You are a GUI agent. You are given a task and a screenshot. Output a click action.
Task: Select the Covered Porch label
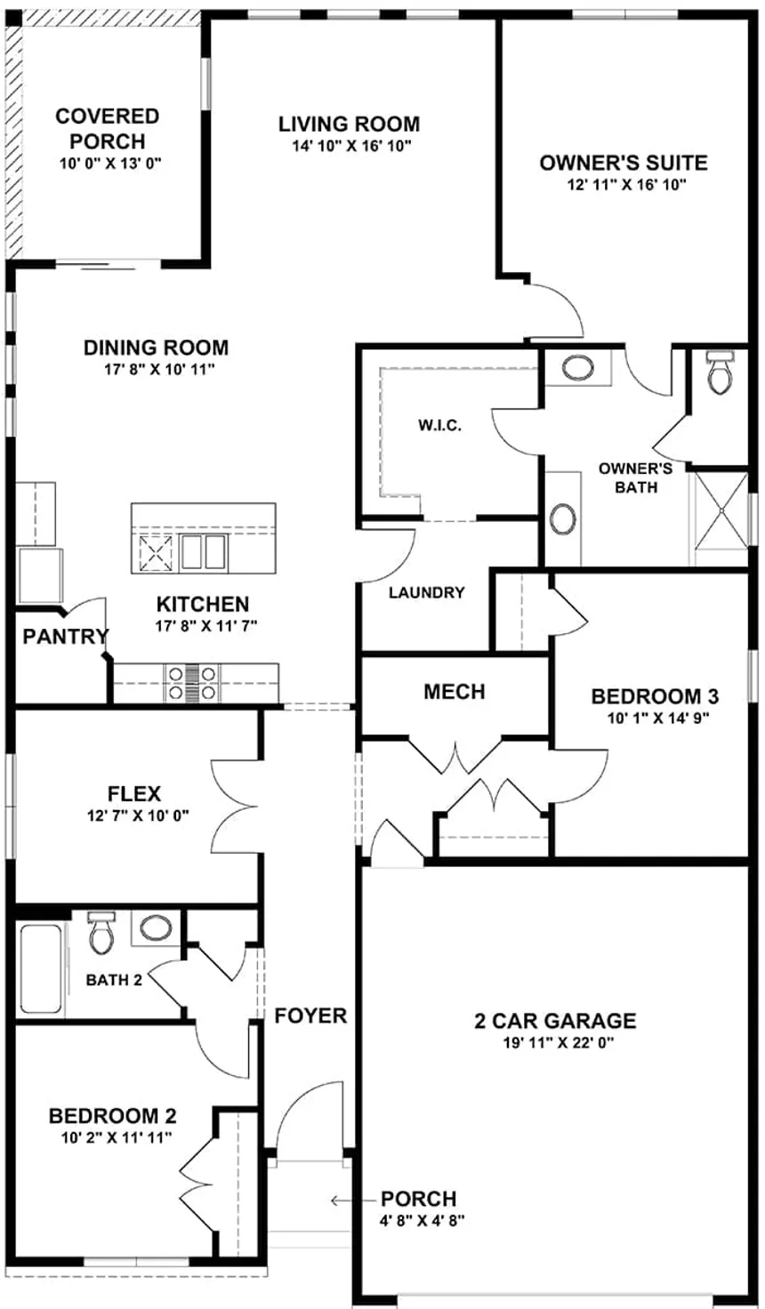(107, 128)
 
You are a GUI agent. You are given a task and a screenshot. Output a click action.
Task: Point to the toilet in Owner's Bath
(719, 372)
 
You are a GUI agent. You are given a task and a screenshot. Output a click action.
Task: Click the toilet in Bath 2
(101, 931)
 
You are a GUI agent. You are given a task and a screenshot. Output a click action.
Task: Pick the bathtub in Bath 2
(41, 968)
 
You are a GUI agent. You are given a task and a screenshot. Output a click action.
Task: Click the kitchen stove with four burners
(191, 682)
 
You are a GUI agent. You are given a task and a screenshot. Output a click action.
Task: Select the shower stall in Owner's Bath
(721, 516)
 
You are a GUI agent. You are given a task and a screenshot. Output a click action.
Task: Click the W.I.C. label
(439, 425)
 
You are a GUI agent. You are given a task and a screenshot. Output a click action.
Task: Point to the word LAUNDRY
(426, 592)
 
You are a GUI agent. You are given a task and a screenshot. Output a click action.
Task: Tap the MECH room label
(454, 691)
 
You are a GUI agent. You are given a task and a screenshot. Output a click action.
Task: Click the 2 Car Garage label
(555, 1021)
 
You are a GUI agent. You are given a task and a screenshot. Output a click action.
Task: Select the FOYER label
(310, 1015)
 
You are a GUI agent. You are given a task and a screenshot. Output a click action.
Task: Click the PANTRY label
(65, 636)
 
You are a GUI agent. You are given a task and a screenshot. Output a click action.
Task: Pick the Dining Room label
(156, 347)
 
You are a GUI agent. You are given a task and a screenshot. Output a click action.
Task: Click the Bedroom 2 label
(112, 1115)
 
